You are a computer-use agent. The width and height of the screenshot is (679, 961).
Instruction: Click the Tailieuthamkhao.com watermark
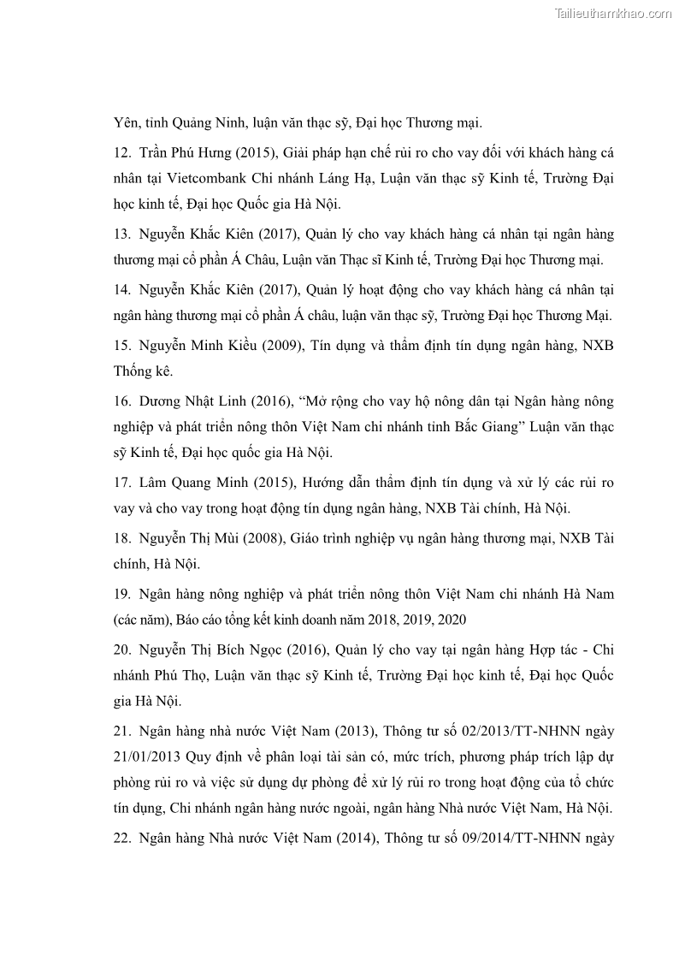coord(613,13)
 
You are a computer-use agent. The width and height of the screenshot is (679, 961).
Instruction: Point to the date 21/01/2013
coord(148,758)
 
